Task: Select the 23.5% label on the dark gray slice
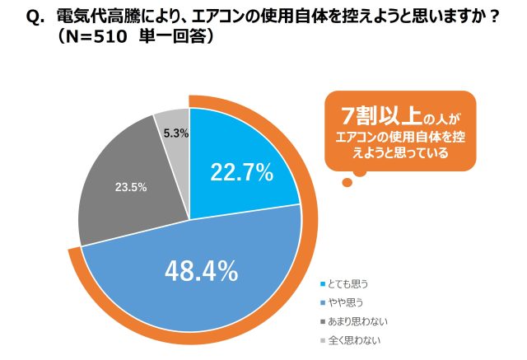pos(129,187)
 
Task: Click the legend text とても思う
pos(348,284)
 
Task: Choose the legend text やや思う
pos(345,302)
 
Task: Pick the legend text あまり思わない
pos(356,320)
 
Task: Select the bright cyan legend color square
pos(321,284)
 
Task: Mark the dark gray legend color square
pos(321,320)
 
